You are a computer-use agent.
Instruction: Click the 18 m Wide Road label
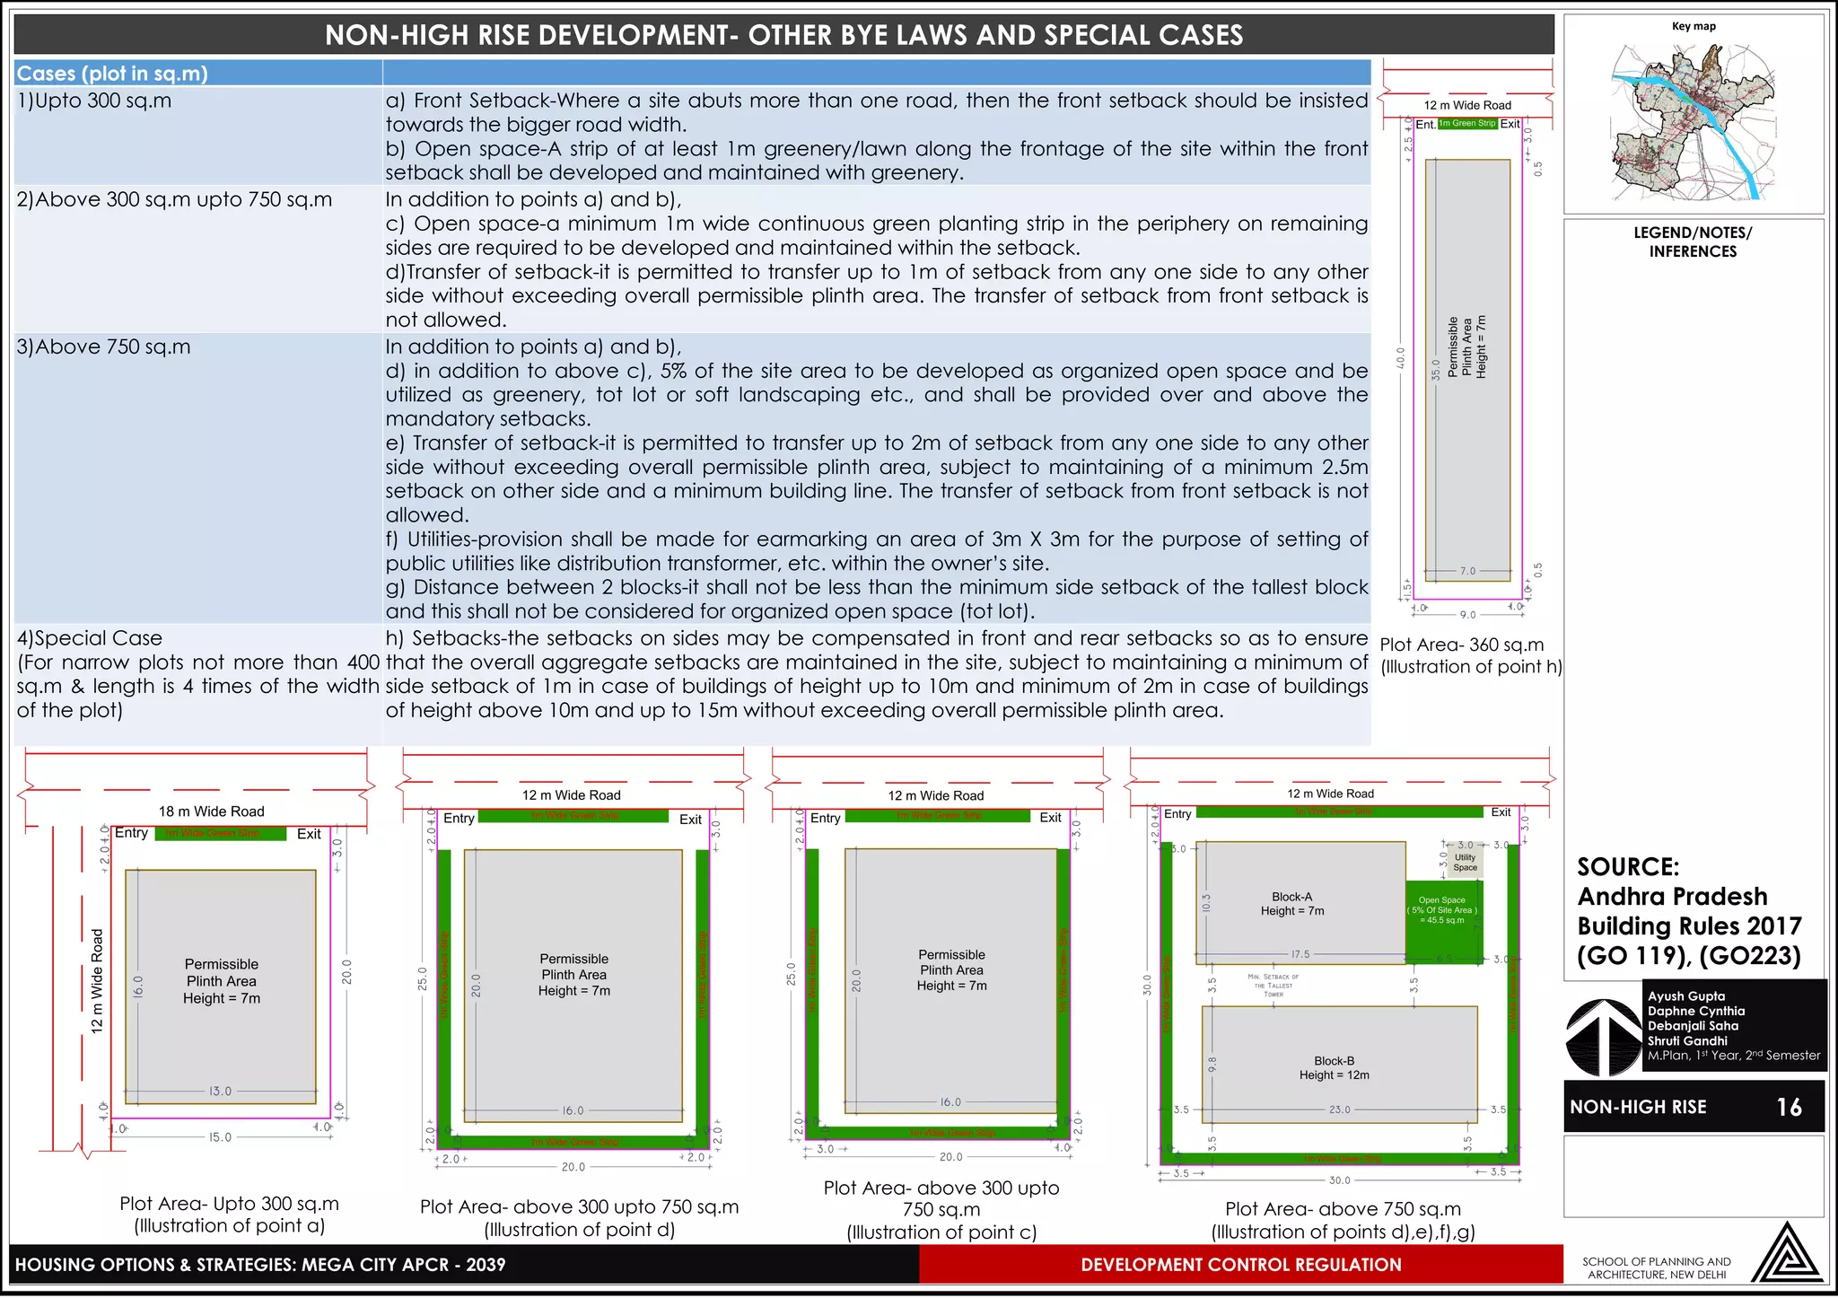pos(211,811)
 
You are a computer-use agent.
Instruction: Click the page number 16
pos(1789,1107)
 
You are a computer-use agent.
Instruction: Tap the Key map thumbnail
pos(1693,121)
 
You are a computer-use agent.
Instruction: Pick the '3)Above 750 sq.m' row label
pos(104,346)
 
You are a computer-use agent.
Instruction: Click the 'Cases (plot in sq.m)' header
pos(112,74)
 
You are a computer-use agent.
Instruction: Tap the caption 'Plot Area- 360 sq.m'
pos(1461,645)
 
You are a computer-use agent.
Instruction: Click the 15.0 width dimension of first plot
pos(220,1137)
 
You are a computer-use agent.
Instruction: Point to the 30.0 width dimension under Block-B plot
pos(1339,1180)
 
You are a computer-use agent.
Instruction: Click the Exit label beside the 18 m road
pos(309,834)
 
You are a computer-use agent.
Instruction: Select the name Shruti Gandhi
pos(1686,1040)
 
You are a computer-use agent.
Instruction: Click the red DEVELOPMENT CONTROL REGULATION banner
pos(1240,1265)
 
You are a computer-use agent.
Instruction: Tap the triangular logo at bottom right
pos(1785,1254)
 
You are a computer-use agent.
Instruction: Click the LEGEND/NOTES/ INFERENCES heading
pos(1692,241)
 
